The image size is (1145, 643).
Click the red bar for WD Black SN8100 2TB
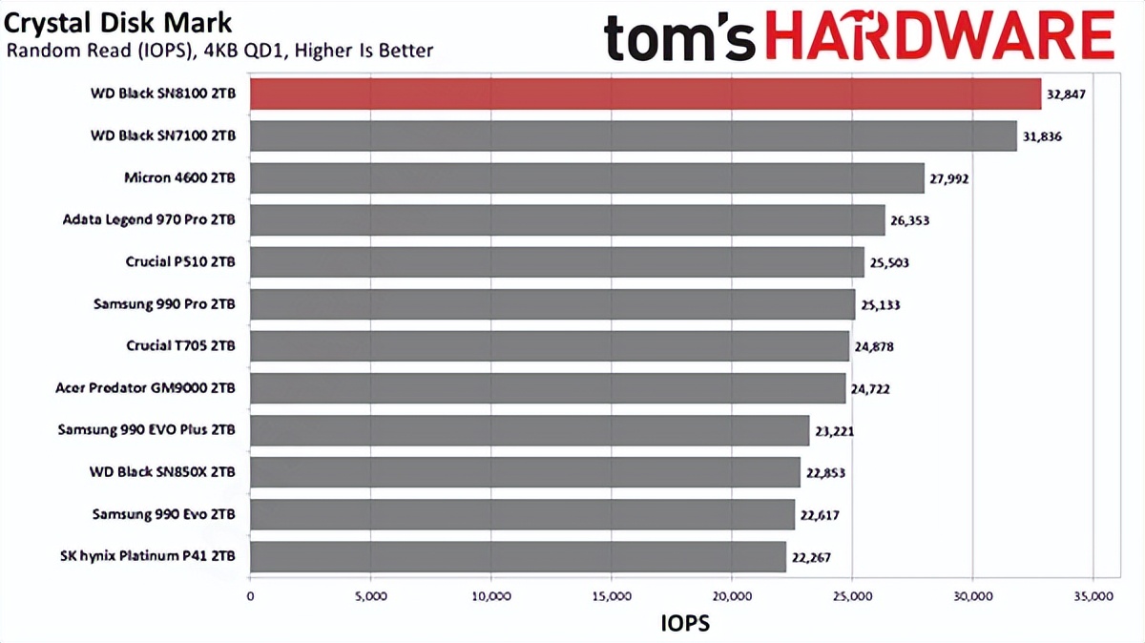tap(645, 94)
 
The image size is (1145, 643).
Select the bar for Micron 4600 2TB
tap(587, 178)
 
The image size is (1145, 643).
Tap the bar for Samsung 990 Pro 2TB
tap(552, 304)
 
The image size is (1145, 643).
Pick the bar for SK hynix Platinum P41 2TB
tap(517, 556)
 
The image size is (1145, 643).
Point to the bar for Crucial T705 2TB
tap(549, 346)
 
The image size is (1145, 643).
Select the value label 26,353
tap(909, 220)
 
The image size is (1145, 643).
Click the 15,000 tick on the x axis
tap(611, 597)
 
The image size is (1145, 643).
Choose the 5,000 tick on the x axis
tap(369, 597)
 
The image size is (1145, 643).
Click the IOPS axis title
tap(685, 623)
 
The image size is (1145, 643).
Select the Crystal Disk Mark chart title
tap(117, 21)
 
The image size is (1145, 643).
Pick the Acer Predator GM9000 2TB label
tap(146, 388)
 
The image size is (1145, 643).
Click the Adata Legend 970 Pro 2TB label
tap(148, 220)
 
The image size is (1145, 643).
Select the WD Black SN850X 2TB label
tap(163, 472)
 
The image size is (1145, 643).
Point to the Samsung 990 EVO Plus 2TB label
tap(146, 430)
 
